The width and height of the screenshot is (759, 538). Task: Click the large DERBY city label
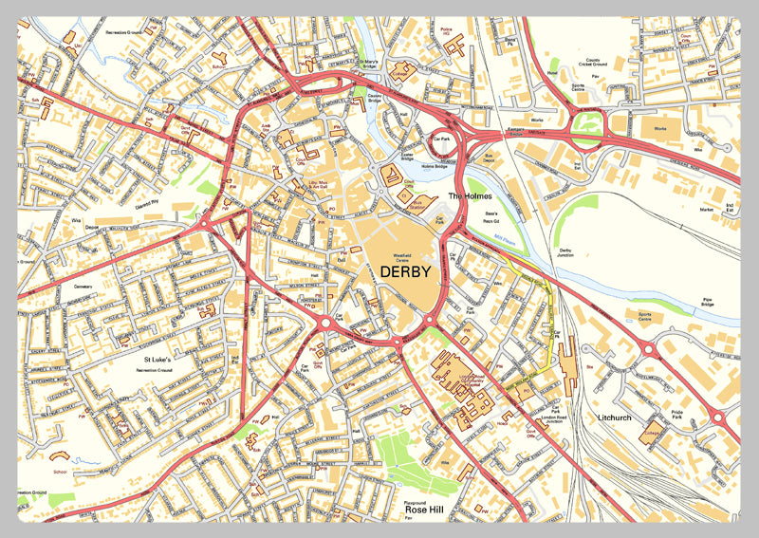(x=405, y=271)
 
